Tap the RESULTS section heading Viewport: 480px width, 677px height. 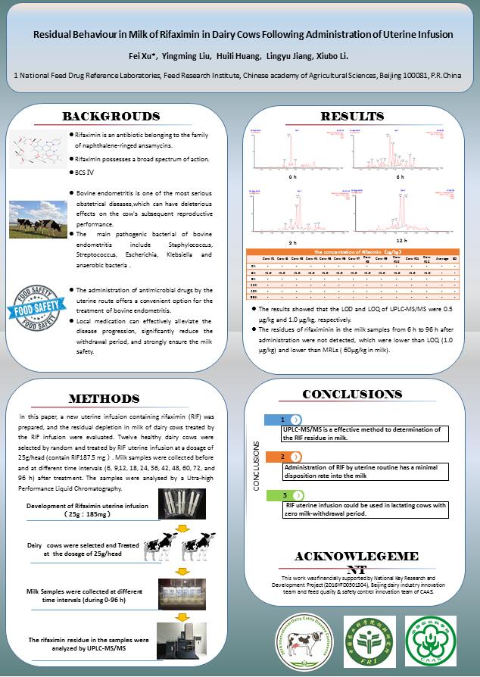(x=352, y=116)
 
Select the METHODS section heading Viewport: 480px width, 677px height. (x=104, y=398)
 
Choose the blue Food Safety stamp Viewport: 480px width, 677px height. (x=34, y=310)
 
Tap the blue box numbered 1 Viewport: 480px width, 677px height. (x=283, y=419)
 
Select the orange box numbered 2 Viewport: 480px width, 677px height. (x=283, y=457)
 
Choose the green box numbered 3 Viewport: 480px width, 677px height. (x=283, y=494)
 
